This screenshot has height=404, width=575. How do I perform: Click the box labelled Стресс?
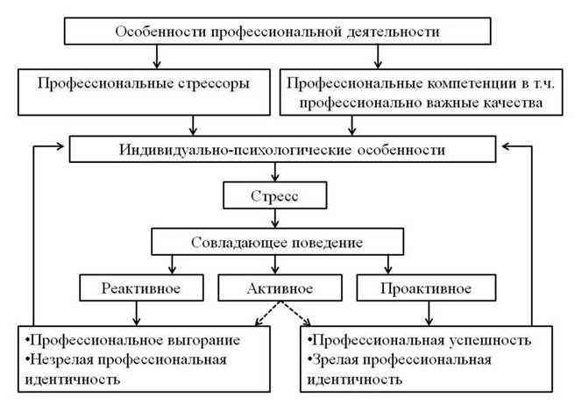(x=274, y=195)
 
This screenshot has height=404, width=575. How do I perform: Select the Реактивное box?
(x=141, y=287)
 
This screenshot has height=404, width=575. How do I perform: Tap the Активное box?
(x=280, y=287)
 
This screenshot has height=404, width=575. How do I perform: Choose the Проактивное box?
(x=426, y=287)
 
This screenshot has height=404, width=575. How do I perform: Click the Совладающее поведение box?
(x=277, y=242)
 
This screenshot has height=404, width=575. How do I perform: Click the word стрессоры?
(x=214, y=84)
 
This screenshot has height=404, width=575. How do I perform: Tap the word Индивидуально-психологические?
(x=236, y=150)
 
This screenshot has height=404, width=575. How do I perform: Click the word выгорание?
(x=203, y=341)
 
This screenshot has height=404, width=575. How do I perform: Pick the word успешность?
(x=490, y=341)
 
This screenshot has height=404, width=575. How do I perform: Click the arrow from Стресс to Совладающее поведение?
(x=275, y=218)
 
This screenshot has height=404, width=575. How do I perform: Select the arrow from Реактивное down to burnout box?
(x=137, y=314)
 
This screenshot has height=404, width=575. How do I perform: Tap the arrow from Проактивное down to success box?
(x=429, y=314)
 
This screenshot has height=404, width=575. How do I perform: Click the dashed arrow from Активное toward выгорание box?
(x=267, y=314)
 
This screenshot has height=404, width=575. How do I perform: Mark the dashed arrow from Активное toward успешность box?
(x=295, y=314)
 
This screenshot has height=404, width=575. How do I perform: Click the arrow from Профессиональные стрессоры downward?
(x=193, y=125)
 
